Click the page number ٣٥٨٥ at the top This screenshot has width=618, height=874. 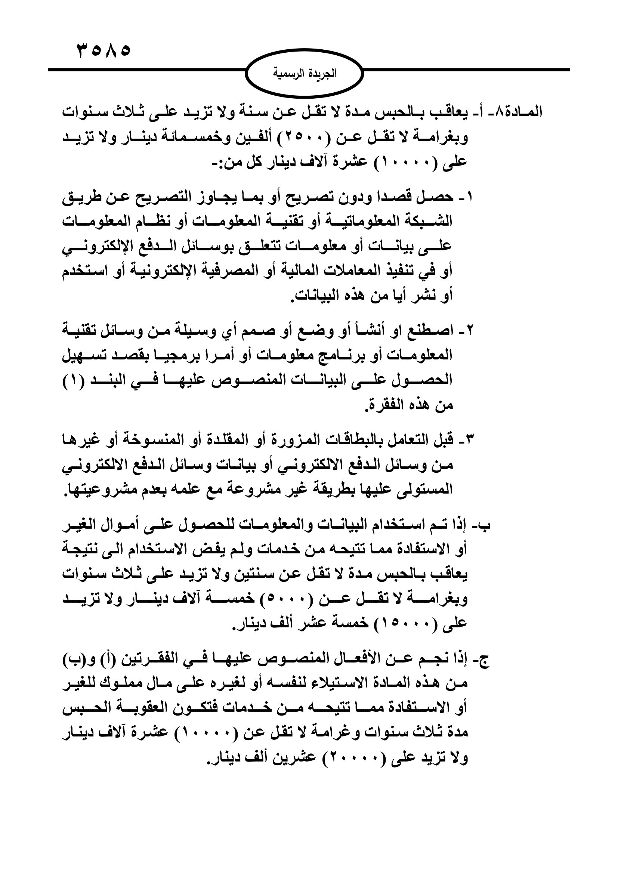[103, 50]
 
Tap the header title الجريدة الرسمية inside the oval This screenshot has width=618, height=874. [305, 73]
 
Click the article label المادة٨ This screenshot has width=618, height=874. [520, 112]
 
